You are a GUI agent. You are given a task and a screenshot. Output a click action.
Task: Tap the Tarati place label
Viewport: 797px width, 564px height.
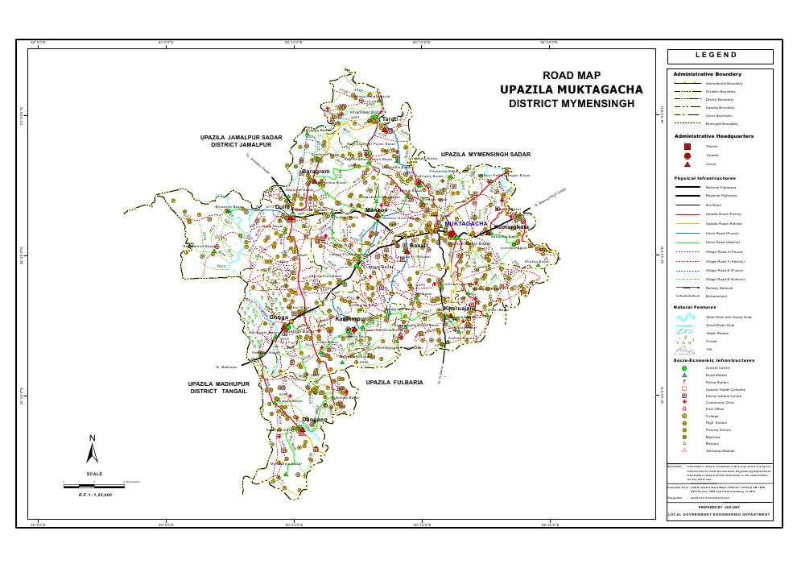pyautogui.click(x=390, y=119)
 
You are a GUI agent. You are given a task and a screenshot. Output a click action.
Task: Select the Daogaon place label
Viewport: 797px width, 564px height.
pyautogui.click(x=315, y=420)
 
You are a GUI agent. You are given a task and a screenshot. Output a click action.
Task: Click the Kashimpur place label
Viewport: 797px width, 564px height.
pyautogui.click(x=351, y=319)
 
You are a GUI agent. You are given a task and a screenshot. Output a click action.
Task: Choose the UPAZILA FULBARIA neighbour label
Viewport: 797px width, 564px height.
pyautogui.click(x=394, y=382)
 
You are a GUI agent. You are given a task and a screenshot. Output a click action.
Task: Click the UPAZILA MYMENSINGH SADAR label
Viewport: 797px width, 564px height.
pyautogui.click(x=485, y=154)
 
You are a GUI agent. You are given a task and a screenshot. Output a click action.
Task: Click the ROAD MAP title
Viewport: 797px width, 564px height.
pyautogui.click(x=572, y=75)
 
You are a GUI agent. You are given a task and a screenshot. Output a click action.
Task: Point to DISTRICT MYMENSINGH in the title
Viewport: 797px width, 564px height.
pyautogui.click(x=572, y=104)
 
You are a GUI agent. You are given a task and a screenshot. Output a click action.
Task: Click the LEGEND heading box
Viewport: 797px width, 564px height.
pyautogui.click(x=719, y=56)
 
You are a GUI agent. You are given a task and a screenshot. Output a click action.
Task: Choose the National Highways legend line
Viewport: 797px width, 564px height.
pyautogui.click(x=687, y=187)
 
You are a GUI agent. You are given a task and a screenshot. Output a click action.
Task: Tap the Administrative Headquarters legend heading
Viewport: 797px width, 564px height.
pyautogui.click(x=713, y=136)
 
